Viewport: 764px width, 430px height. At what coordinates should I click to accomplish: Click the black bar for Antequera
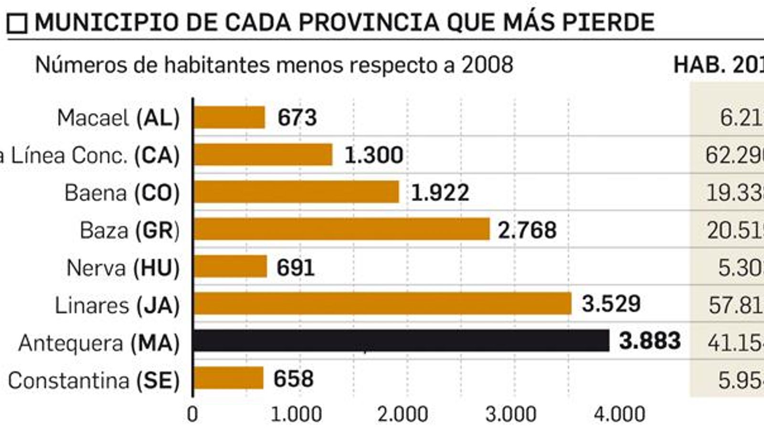[x=401, y=341]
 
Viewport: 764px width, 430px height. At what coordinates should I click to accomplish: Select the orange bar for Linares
[x=382, y=304]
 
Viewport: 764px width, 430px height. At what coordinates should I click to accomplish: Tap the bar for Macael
[x=229, y=118]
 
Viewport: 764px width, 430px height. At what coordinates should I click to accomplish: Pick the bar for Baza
[x=341, y=229]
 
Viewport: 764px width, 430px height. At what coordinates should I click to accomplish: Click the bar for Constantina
[x=228, y=378]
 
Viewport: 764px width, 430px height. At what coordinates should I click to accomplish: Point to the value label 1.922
[x=440, y=193]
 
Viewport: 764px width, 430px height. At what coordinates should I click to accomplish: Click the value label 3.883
[x=649, y=341]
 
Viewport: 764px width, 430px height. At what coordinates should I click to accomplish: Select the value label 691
[x=296, y=268]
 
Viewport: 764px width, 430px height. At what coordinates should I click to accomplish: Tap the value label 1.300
[x=374, y=155]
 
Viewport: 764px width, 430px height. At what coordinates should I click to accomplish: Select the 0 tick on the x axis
[x=192, y=414]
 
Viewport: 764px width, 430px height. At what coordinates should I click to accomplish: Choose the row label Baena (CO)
[x=122, y=193]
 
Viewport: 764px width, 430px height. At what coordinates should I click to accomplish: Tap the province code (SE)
[x=158, y=381]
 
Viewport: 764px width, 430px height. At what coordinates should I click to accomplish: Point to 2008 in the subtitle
[x=487, y=65]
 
